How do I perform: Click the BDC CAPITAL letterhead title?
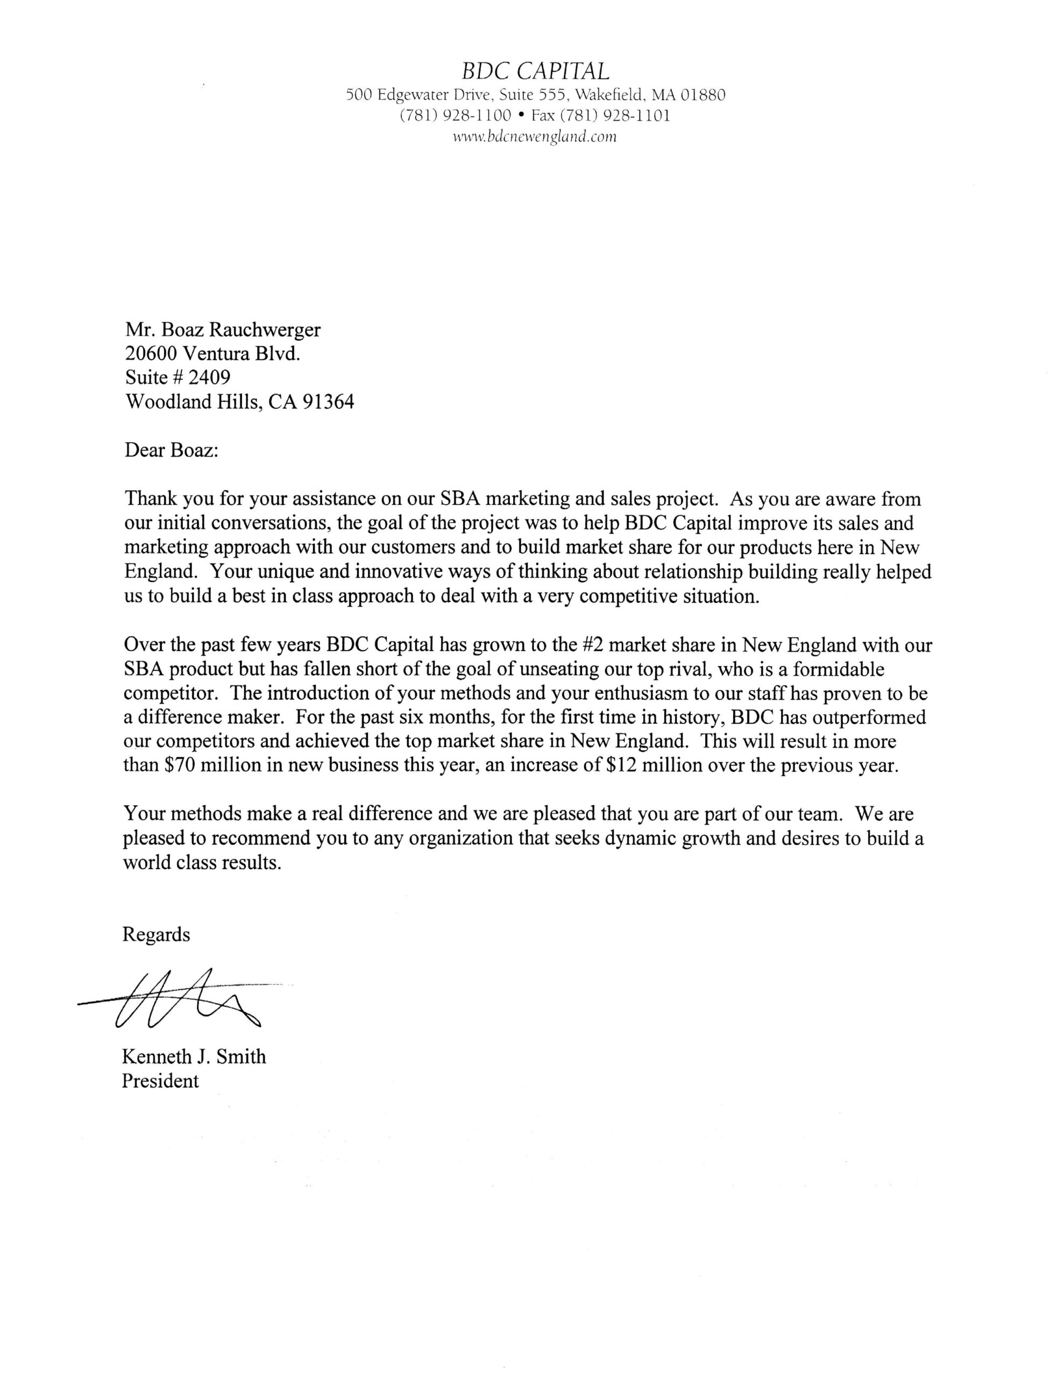coord(535,70)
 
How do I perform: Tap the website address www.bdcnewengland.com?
coord(535,137)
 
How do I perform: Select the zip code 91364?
coord(328,402)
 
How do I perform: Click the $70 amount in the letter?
coord(172,765)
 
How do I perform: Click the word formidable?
coord(831,669)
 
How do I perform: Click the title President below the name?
coord(160,1081)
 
